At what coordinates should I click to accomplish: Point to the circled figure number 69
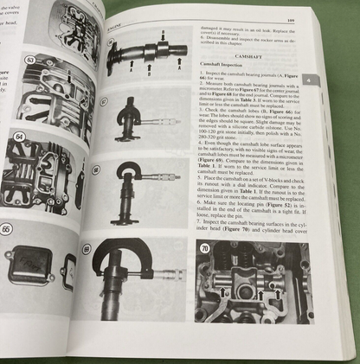87,248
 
